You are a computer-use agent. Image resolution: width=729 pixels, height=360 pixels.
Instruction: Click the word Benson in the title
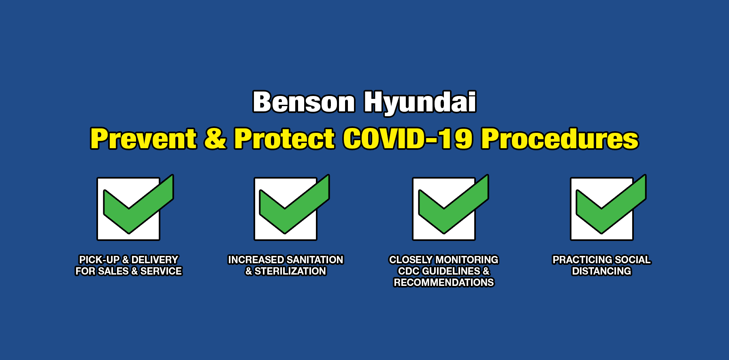304,102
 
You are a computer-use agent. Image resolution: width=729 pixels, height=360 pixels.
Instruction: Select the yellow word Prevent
144,138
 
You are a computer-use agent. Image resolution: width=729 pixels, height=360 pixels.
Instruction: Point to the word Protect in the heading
285,138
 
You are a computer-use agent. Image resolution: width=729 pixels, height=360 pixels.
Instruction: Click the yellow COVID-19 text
408,138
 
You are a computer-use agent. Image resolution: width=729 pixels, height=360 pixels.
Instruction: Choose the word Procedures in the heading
560,138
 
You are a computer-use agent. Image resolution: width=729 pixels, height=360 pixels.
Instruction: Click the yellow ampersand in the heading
215,138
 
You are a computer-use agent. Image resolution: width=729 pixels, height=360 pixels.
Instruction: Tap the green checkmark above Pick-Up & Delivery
139,204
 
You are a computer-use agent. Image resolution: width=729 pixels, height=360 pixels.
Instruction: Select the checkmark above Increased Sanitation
294,204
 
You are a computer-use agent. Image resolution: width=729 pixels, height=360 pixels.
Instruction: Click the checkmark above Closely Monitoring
454,204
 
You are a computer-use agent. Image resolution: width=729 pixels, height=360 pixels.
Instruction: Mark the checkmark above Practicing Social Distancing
611,204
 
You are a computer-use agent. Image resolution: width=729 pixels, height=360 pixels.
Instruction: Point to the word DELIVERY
155,260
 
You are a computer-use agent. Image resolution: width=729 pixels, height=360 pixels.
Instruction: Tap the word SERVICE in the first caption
161,271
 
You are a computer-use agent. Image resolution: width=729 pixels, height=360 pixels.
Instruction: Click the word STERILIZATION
290,271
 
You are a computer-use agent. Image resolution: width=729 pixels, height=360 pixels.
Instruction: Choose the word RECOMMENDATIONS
444,282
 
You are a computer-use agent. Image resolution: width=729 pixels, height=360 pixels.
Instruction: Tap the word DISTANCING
601,271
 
